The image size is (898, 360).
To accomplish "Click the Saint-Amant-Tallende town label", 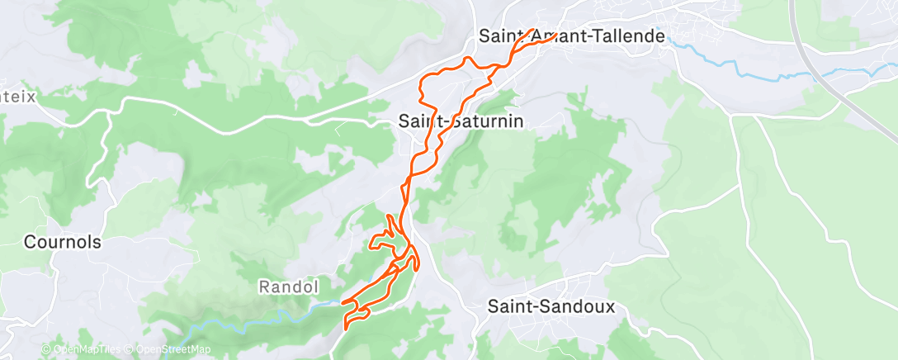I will click(560, 36).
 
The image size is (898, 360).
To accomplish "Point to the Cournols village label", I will click(63, 243).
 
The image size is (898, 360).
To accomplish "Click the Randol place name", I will click(289, 287).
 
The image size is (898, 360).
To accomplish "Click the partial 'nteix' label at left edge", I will click(18, 97).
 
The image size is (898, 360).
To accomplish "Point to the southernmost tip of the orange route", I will click(344, 329).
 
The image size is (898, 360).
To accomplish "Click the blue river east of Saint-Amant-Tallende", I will click(743, 73).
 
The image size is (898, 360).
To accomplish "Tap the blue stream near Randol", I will click(272, 315).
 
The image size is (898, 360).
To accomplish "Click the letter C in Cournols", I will click(30, 243).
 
